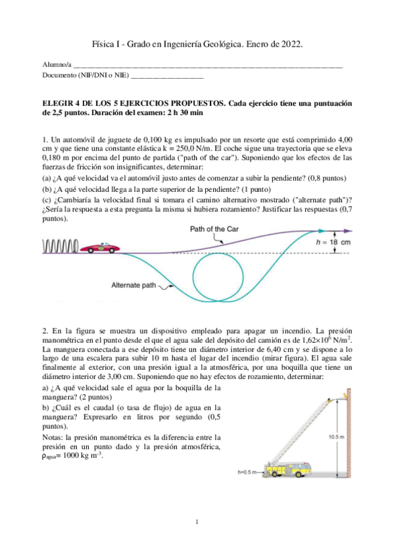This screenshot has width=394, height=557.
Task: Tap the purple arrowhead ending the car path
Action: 355,231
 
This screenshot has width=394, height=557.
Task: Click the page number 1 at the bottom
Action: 197,522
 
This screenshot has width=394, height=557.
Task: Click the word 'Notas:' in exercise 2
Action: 53,437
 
